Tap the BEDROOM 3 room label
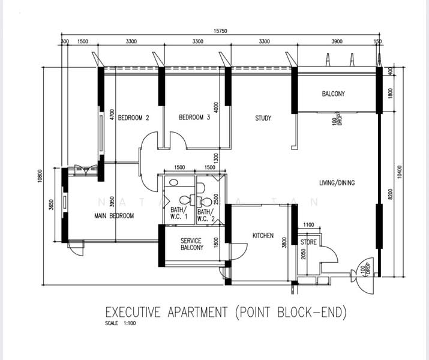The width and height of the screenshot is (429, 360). click(x=194, y=118)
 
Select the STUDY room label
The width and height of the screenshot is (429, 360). click(x=263, y=118)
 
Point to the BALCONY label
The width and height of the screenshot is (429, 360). click(x=333, y=94)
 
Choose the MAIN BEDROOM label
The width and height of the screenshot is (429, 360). click(x=115, y=215)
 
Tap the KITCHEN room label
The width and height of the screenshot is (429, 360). click(x=263, y=236)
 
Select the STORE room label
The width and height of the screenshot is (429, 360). click(x=309, y=243)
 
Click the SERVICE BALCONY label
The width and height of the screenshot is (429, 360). click(x=191, y=244)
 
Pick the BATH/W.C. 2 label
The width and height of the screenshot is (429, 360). click(x=205, y=214)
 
